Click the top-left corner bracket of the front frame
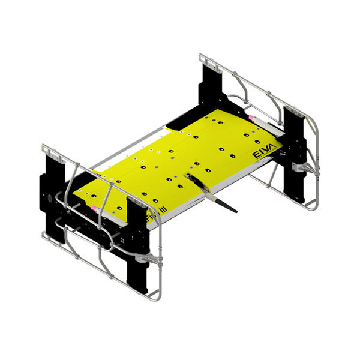(x=50, y=150)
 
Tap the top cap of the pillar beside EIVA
(x=294, y=110)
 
